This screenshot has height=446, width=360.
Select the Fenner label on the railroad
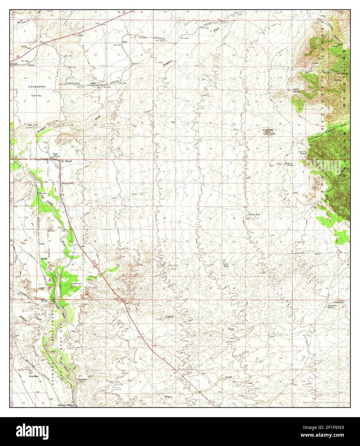(31, 65)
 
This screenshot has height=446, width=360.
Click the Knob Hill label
(268, 130)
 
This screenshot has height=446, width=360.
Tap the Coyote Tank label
(226, 265)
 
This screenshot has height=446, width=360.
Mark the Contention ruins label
(82, 380)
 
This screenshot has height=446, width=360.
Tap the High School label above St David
(56, 155)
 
